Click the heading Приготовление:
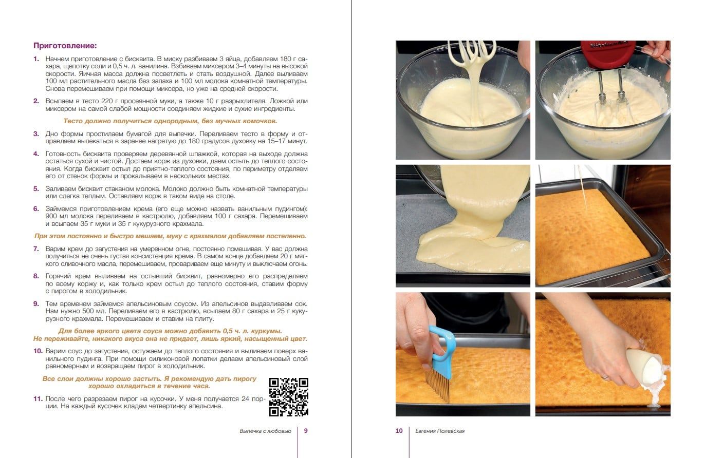65,46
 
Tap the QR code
288,397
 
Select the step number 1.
36,59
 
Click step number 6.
36,209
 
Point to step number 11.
38,398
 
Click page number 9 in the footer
306,431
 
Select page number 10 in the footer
399,431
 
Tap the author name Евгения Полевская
440,431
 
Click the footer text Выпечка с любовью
265,431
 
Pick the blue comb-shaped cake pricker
440,365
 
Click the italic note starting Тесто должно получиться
170,121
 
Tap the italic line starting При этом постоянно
170,236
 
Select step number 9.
36,304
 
